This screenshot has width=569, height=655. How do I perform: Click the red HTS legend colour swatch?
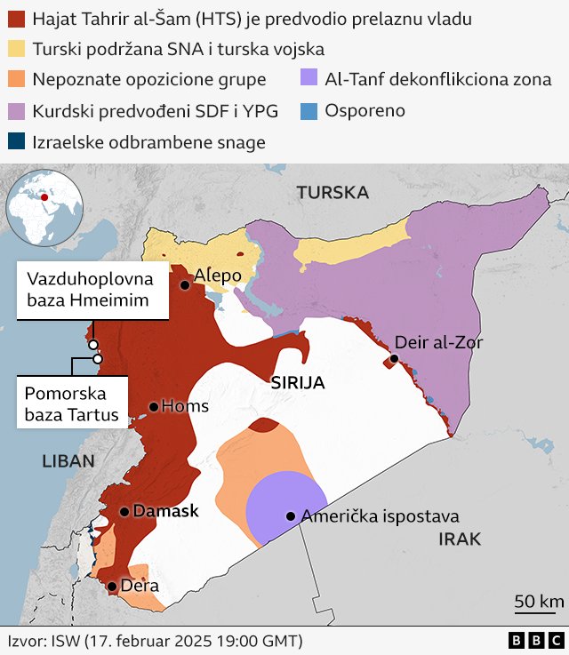(x=17, y=18)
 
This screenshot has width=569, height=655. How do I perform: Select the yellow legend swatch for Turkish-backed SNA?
(x=17, y=49)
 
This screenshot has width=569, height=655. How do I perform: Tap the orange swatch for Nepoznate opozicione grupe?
(x=17, y=80)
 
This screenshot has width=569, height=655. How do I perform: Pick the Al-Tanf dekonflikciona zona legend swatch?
(x=310, y=80)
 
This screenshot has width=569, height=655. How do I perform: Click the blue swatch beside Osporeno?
(x=310, y=111)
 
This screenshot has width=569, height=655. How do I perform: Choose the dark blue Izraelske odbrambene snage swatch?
(x=17, y=141)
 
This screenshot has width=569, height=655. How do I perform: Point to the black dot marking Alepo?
(x=185, y=285)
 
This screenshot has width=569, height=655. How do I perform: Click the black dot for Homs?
(x=154, y=407)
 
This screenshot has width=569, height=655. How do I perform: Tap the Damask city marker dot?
(x=124, y=511)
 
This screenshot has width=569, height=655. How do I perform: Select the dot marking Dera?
(x=111, y=587)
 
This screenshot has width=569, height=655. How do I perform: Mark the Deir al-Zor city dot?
(x=394, y=359)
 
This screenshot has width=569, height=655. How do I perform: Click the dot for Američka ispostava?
(x=291, y=516)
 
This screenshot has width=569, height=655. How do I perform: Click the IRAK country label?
(x=460, y=539)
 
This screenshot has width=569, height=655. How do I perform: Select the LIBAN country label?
(x=67, y=460)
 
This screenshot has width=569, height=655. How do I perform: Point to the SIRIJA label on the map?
(x=297, y=384)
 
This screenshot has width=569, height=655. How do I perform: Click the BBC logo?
(x=535, y=640)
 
